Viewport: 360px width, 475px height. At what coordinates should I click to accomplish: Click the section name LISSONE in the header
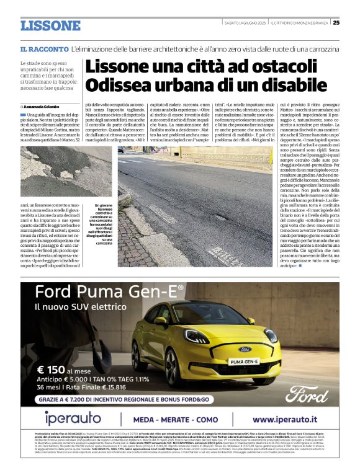pos(50,26)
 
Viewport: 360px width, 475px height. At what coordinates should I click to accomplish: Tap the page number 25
pos(336,23)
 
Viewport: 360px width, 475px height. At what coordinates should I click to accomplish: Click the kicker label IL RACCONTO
pos(44,49)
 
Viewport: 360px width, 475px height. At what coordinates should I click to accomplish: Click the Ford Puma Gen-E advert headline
pos(109,293)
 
